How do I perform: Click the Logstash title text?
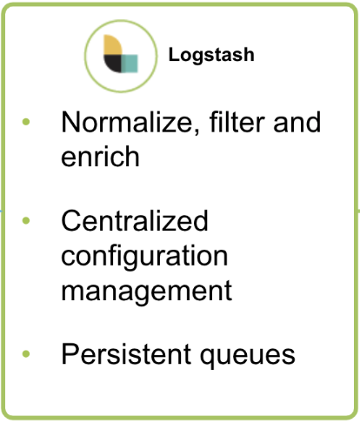point(211,55)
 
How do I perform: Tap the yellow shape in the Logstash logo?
point(112,44)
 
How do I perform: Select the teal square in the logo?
point(130,64)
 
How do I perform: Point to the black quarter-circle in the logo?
point(113,64)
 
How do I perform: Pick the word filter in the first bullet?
point(237,122)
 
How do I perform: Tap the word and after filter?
point(297,122)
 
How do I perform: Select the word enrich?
point(100,157)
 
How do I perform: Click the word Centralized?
point(135,220)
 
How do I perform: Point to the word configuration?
point(144,258)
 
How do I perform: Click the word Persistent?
point(126,354)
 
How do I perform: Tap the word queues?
point(248,356)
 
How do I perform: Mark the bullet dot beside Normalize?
point(26,122)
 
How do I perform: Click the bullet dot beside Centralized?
point(26,221)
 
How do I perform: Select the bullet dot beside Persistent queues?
point(26,353)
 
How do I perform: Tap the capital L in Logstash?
point(174,54)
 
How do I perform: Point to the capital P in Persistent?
point(70,354)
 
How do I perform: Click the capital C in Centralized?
point(72,220)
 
